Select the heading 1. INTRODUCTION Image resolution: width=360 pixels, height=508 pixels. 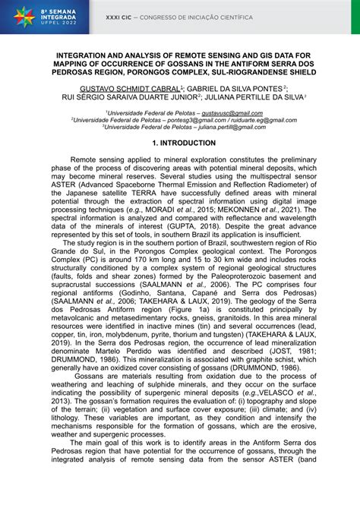(x=180, y=143)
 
